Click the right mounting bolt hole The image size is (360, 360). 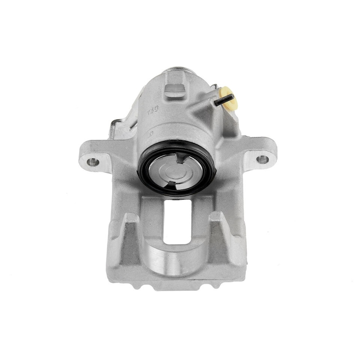260,159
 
